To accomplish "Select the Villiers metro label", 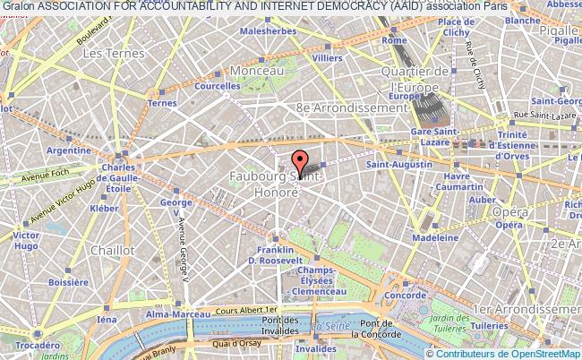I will click(328, 58).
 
